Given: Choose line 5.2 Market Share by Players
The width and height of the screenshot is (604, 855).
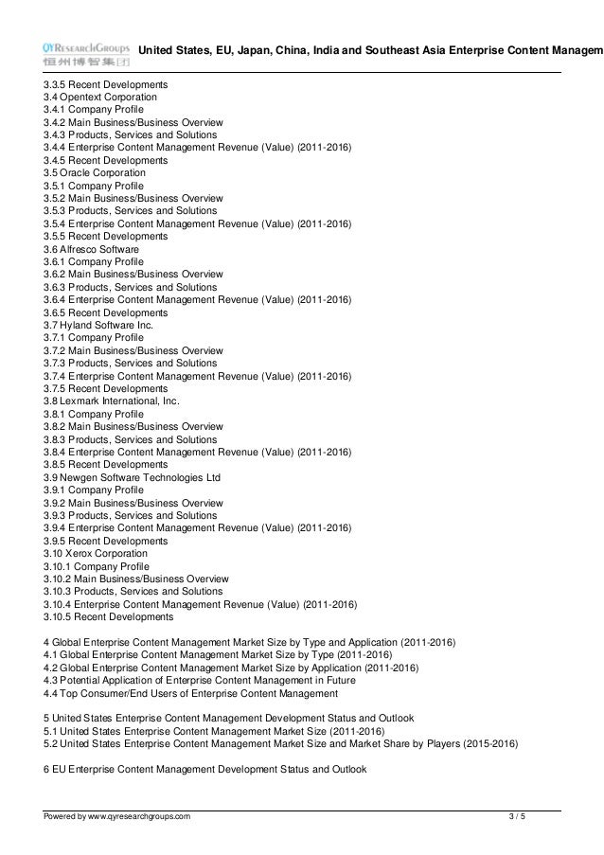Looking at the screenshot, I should [x=281, y=743].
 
